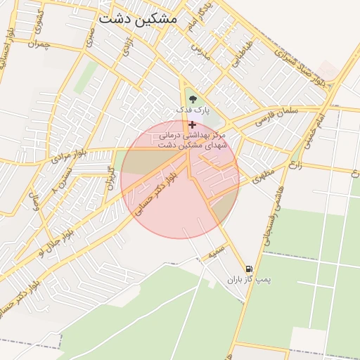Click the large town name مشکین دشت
click(138, 19)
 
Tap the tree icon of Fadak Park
click(193, 98)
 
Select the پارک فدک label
click(192, 110)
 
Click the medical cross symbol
click(193, 124)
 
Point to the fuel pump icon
click(249, 269)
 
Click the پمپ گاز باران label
click(248, 280)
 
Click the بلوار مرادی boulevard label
click(67, 157)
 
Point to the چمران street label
click(39, 44)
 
